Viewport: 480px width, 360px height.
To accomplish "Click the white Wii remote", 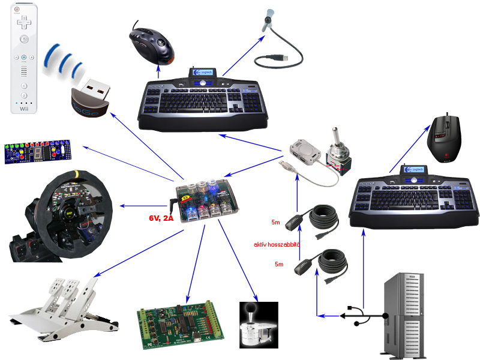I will click(x=23, y=60).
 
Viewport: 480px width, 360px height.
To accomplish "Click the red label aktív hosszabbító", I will click(x=277, y=245).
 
